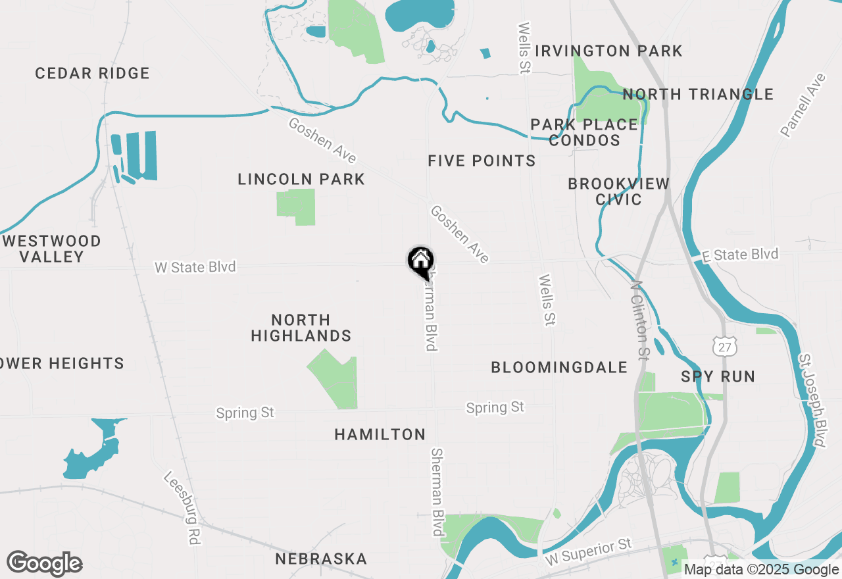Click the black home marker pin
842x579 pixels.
[420, 261]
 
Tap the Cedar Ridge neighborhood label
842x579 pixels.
[92, 73]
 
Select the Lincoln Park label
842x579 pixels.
[301, 179]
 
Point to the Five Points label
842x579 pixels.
[482, 161]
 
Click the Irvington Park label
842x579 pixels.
[608, 51]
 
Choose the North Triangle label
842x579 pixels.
[698, 94]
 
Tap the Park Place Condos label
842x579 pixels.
[584, 132]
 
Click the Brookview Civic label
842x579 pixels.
[618, 191]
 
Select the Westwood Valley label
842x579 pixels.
[52, 249]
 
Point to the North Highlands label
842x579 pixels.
[301, 328]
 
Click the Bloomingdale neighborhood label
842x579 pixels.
[559, 367]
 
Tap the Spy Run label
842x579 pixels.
[718, 376]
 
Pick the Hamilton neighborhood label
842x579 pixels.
[380, 434]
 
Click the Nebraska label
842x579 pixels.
[321, 559]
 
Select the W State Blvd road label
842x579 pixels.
[195, 267]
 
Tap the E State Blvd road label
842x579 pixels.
[739, 255]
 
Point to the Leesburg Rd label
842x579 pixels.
[182, 507]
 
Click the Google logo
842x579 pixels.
[44, 564]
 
